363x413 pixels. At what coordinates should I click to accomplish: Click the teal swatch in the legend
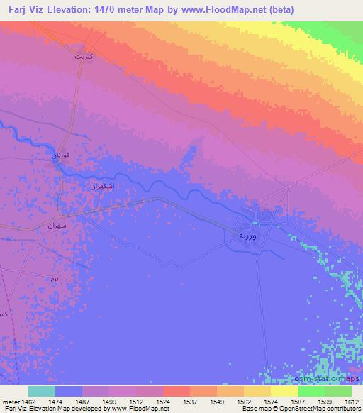[x=41, y=391]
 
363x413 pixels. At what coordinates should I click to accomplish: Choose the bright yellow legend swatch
[x=284, y=391]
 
